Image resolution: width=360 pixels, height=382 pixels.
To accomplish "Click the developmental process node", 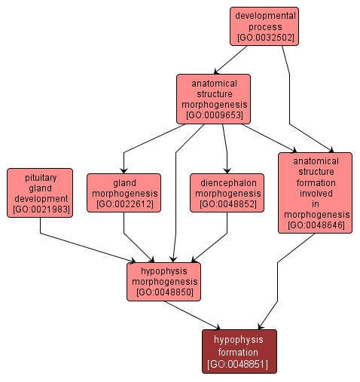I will coord(264,26).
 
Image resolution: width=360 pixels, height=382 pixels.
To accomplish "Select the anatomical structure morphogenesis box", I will coord(213,99).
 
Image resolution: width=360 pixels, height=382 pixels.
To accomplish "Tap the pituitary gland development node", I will coord(40,193).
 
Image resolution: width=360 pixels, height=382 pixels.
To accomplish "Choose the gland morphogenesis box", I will coord(124,193).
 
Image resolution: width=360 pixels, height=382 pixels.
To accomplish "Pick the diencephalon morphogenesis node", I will coord(227,193).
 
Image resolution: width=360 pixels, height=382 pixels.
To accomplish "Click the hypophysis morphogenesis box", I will coord(164,281).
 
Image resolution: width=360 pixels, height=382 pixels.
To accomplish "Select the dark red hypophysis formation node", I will coord(239,351).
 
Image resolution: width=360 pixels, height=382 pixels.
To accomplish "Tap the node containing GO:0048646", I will coord(316,192).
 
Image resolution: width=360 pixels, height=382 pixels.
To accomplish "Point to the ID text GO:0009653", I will coord(213,116).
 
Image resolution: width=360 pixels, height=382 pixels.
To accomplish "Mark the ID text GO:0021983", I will coord(40,209).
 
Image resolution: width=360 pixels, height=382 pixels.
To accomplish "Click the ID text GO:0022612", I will coord(124,203).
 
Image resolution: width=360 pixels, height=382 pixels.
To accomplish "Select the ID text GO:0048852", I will coord(227,203).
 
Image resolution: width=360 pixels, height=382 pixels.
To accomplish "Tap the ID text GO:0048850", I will coord(164,292).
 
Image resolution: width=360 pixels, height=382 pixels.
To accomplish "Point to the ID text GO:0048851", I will coord(239,365).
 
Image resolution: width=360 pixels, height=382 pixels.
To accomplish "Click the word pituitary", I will coord(40,176).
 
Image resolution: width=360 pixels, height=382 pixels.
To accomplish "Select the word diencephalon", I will coord(227,182).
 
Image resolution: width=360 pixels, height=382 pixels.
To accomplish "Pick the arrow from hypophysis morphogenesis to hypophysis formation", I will coord(193,315).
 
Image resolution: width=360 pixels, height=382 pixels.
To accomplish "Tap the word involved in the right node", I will coord(316,192).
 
